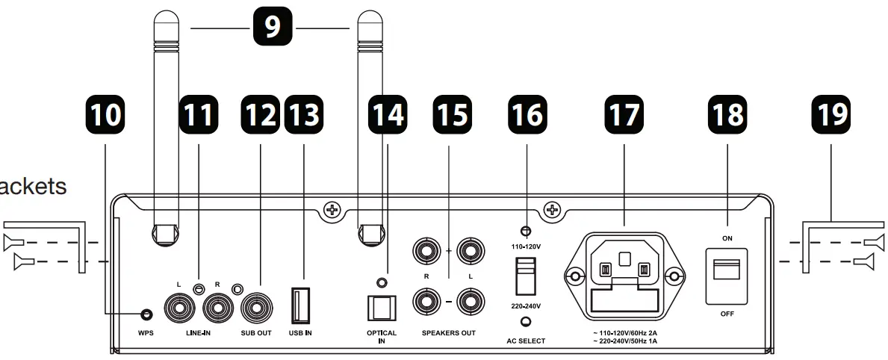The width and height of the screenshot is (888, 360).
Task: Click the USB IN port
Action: click(x=300, y=306)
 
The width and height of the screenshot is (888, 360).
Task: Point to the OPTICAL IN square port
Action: click(x=381, y=307)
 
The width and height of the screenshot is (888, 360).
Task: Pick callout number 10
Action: click(x=104, y=114)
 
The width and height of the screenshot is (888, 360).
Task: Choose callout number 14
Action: click(x=387, y=114)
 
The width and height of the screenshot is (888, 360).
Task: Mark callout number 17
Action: click(x=624, y=114)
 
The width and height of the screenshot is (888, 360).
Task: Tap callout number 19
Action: click(x=830, y=114)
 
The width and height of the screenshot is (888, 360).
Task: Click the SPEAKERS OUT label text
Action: click(x=448, y=333)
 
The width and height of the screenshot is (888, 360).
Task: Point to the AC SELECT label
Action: click(x=526, y=341)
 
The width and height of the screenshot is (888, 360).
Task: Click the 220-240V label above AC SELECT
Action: click(x=526, y=306)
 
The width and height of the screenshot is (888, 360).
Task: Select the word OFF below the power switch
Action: click(x=727, y=314)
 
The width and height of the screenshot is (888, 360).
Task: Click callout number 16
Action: click(x=526, y=114)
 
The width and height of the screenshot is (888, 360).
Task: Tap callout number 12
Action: click(x=259, y=114)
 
